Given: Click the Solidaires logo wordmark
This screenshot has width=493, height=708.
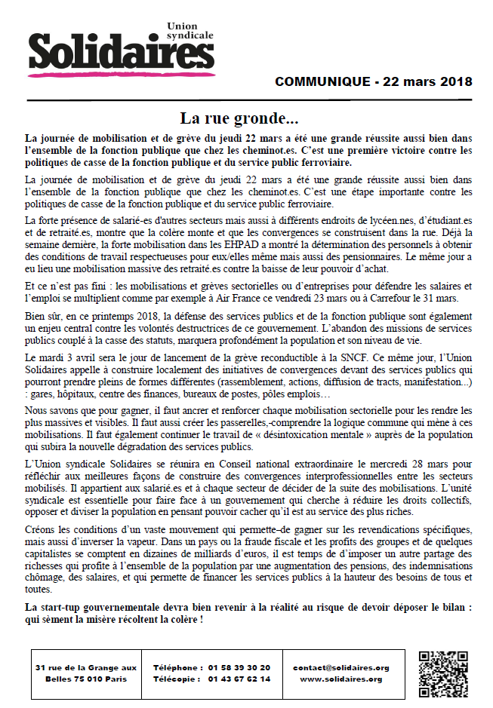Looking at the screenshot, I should (x=121, y=53).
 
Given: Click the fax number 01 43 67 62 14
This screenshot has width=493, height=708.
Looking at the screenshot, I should (x=240, y=679).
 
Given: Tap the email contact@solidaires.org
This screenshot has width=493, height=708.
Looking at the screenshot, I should (x=340, y=667).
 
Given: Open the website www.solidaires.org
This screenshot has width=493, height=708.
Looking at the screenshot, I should (x=340, y=679).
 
